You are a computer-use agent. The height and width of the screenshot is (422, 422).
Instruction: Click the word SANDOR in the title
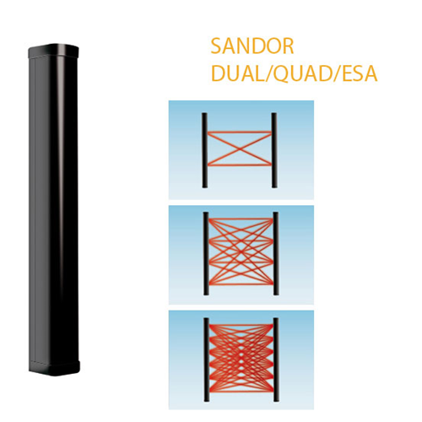click(x=252, y=46)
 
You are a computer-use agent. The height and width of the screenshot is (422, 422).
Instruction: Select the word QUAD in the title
click(x=303, y=74)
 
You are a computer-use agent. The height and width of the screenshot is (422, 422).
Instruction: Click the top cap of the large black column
click(x=53, y=51)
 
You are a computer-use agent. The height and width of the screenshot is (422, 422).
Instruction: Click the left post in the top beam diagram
click(x=204, y=150)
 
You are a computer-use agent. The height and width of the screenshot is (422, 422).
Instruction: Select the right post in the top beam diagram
click(x=274, y=150)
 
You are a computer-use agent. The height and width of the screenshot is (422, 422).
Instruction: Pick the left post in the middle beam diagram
click(x=206, y=253)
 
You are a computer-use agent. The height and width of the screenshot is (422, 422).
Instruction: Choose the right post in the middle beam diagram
click(x=275, y=253)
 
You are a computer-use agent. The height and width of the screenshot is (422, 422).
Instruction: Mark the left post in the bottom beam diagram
click(x=206, y=360)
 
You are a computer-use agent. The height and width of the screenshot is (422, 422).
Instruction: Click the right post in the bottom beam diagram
click(x=276, y=360)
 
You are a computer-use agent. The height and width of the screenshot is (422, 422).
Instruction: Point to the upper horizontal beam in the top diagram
click(x=240, y=132)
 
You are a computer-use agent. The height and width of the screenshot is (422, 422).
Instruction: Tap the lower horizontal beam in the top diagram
click(x=240, y=165)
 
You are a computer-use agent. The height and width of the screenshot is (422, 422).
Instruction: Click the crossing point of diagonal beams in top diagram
click(x=240, y=149)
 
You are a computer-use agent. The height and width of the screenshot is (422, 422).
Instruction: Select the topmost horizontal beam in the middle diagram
click(x=241, y=219)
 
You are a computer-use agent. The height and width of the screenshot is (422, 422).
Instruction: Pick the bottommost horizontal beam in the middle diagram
click(x=241, y=282)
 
